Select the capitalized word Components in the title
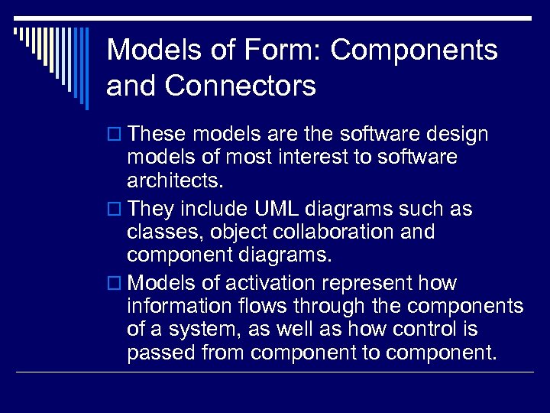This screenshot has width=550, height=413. pos(415,50)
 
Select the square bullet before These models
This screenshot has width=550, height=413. pos(115,135)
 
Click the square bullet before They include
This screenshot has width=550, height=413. pos(115,210)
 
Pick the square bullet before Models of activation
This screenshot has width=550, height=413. pos(115,284)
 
